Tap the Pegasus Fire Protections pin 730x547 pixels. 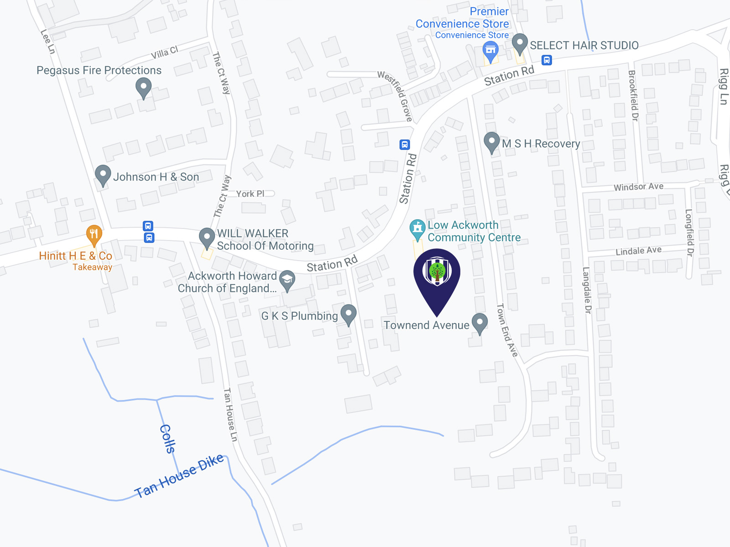[143, 87]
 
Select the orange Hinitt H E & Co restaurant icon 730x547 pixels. [94, 234]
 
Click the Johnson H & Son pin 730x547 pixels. [103, 175]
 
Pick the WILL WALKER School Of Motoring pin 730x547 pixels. [207, 237]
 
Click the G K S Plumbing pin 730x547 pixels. [349, 314]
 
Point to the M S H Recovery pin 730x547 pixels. [491, 142]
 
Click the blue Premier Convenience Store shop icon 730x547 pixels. [490, 51]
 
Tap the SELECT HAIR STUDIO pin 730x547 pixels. [520, 43]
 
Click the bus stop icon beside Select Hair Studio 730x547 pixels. [547, 60]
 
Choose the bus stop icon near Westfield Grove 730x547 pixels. [405, 144]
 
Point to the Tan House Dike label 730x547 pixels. [179, 476]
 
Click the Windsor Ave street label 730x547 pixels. [638, 187]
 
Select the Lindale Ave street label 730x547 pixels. [638, 251]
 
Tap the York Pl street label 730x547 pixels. [250, 194]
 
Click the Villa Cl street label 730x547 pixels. [164, 53]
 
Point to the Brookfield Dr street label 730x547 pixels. [633, 95]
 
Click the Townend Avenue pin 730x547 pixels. [480, 322]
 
